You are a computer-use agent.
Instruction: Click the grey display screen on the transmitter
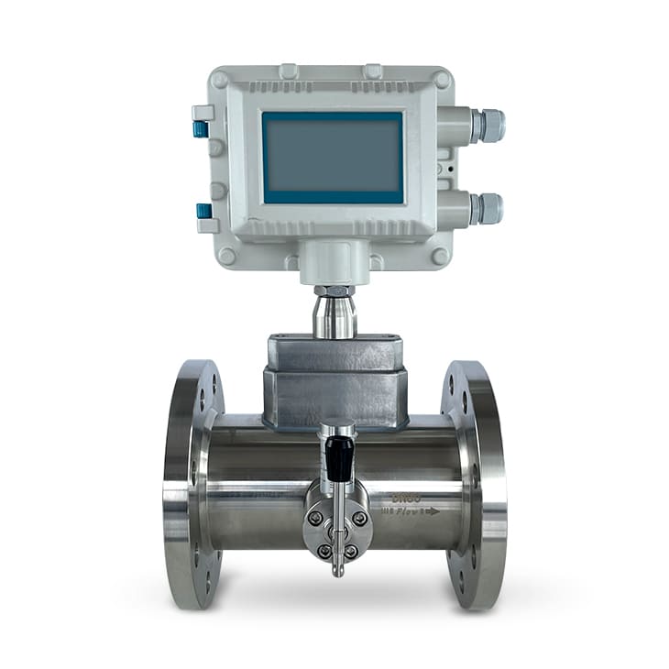(333, 157)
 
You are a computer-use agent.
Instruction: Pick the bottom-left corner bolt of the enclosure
(225, 256)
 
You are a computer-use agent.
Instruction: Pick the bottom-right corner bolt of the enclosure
(441, 256)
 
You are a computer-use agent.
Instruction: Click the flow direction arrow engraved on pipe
(430, 510)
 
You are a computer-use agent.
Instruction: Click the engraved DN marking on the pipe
(405, 497)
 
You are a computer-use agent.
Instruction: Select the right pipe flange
(474, 484)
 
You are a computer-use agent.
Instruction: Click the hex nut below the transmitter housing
(334, 291)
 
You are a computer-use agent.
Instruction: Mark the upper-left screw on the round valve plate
(315, 519)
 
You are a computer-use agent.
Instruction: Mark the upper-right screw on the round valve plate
(359, 519)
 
